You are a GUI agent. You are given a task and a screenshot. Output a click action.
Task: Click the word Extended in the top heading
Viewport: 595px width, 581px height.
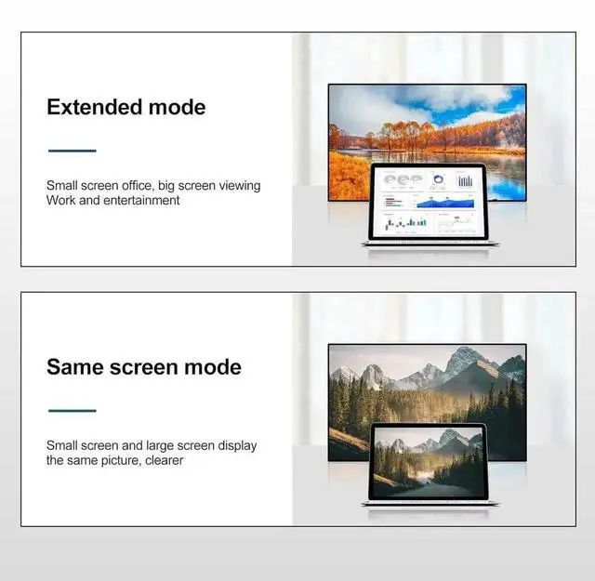pyautogui.click(x=90, y=107)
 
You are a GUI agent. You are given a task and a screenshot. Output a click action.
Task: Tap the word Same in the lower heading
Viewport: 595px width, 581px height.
pyautogui.click(x=75, y=367)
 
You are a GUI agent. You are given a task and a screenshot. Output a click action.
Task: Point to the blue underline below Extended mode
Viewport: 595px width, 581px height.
pyautogui.click(x=72, y=150)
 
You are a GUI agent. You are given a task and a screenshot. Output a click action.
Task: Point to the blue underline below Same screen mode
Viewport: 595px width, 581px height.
pyautogui.click(x=72, y=410)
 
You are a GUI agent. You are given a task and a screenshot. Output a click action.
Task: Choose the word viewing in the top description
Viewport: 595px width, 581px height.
pyautogui.click(x=236, y=186)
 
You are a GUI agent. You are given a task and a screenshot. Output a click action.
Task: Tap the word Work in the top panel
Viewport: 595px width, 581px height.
pyautogui.click(x=61, y=201)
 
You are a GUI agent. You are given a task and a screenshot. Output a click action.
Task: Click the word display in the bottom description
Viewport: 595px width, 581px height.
pyautogui.click(x=235, y=446)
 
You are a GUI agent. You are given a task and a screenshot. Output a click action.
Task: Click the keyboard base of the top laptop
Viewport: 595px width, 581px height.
pyautogui.click(x=430, y=244)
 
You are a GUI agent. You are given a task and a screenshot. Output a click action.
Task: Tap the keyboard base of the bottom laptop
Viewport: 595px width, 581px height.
pyautogui.click(x=430, y=503)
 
